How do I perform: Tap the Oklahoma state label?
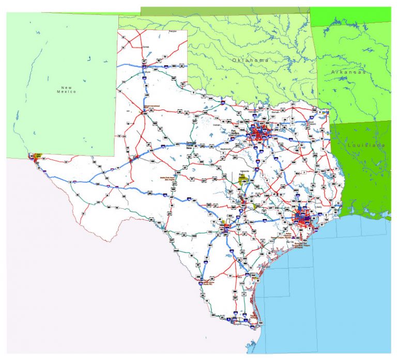(x=251, y=60)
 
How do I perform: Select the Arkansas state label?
(x=349, y=73)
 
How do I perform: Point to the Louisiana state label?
(x=367, y=145)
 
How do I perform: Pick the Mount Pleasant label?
(x=311, y=124)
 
